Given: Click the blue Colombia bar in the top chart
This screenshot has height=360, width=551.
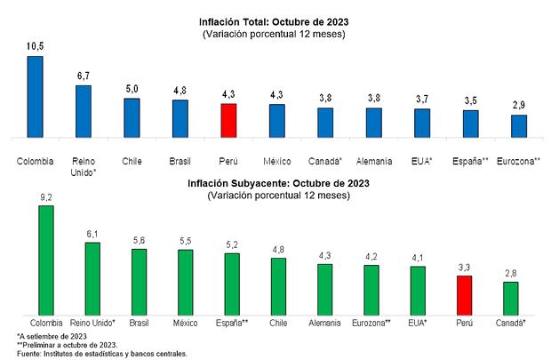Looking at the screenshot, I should coord(36,98).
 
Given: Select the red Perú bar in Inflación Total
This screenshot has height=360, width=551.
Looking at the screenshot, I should coord(228,121).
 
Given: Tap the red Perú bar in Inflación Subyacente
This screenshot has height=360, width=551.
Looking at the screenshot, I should coord(464,295).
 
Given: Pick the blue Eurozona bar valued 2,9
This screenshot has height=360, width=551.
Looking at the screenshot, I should coord(518,127).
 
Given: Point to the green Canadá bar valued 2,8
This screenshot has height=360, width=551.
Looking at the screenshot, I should coord(510,299).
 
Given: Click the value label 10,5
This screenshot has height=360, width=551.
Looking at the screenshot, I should coord(36,46).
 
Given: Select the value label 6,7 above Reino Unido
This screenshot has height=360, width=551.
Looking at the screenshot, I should coord(84,76).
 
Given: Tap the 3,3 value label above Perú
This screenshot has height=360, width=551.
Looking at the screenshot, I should coord(464,266).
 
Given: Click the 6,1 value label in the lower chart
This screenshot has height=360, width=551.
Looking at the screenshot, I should coord(92,233).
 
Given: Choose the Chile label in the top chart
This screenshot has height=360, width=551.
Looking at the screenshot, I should coord(132,162).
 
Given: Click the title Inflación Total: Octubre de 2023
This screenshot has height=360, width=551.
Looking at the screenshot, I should coord(275,22).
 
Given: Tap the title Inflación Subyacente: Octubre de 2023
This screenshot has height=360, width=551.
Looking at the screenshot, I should coord(275,183).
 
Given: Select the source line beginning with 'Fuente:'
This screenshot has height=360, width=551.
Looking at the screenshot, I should coord(102,353).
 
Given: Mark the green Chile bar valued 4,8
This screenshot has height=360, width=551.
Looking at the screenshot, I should coord(278,287).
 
